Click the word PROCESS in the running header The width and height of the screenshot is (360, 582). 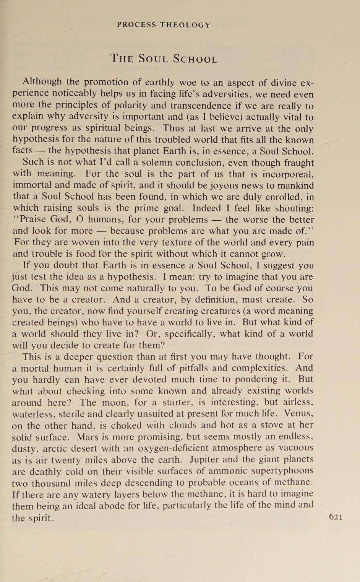pyautogui.click(x=136, y=25)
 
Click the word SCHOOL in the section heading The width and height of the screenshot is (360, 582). pyautogui.click(x=195, y=59)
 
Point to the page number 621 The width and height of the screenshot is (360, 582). pyautogui.click(x=336, y=517)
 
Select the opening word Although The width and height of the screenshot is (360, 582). pyautogui.click(x=42, y=82)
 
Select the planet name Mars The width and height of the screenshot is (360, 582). pyautogui.click(x=88, y=437)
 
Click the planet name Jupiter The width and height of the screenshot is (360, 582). pyautogui.click(x=209, y=459)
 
